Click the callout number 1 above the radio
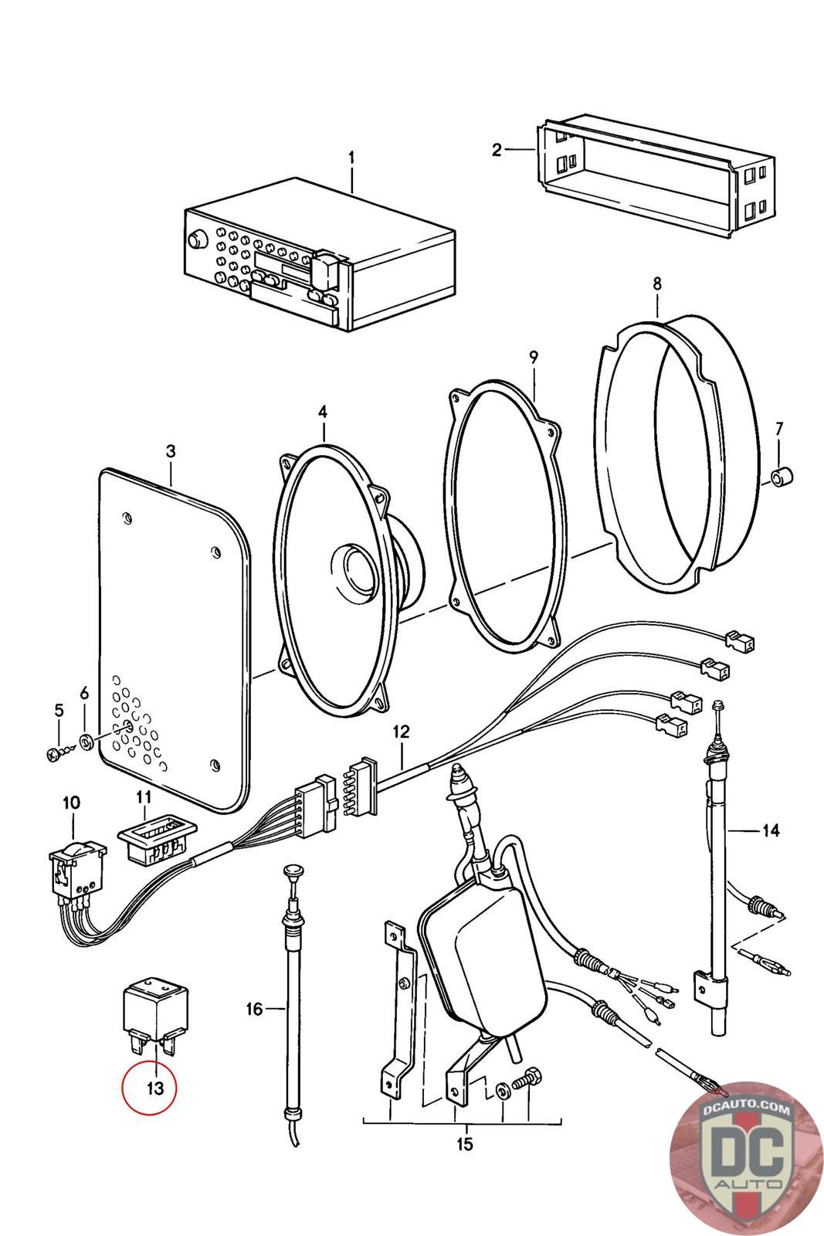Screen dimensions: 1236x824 (351, 158)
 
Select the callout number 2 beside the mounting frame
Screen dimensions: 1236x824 (497, 149)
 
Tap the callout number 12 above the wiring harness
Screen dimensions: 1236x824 (402, 730)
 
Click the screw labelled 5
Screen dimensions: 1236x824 (54, 752)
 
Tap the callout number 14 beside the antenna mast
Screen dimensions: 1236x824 (770, 830)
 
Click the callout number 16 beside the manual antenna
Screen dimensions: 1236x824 (254, 1008)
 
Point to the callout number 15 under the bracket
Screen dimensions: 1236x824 (464, 1144)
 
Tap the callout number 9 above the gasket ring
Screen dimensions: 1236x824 (533, 357)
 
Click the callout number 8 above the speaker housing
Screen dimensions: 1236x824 (656, 284)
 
